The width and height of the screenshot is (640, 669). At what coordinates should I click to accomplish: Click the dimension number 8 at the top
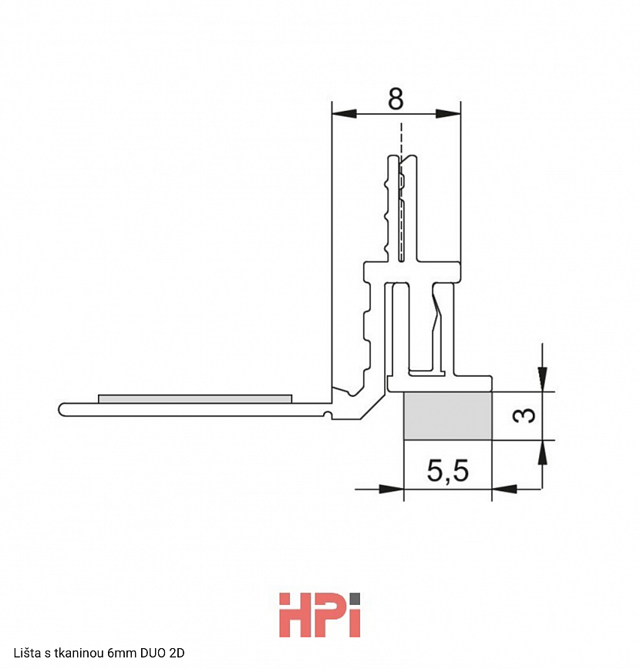[x=396, y=99]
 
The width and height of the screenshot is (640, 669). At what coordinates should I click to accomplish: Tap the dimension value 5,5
[x=447, y=471]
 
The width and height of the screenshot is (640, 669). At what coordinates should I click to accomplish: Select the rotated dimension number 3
[x=524, y=415]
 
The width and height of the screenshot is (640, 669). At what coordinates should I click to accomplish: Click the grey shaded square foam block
[x=448, y=415]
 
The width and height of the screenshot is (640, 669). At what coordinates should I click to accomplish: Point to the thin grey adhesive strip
[x=195, y=398]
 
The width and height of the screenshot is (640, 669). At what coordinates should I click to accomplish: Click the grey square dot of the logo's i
[x=355, y=598]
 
